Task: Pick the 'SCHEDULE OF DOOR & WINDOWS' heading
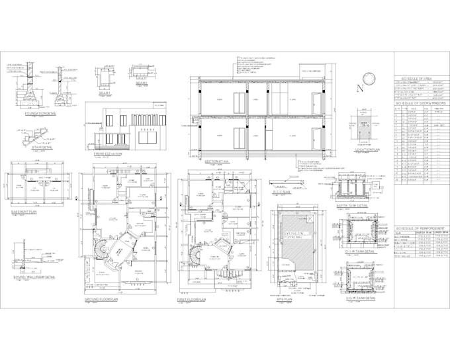[420, 104]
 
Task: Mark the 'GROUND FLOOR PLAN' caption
[101, 300]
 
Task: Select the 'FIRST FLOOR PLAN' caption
[192, 300]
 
